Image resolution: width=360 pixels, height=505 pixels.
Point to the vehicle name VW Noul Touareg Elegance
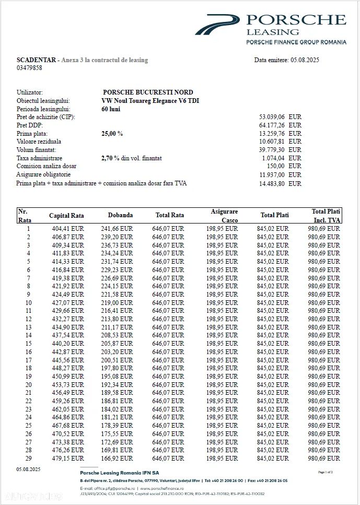click(x=150, y=101)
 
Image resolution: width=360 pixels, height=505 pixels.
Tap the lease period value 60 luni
click(x=111, y=109)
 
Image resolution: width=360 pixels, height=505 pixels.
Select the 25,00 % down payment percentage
click(x=112, y=134)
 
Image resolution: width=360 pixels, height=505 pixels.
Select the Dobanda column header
click(x=120, y=215)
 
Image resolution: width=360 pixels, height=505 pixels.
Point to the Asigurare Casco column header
click(x=225, y=216)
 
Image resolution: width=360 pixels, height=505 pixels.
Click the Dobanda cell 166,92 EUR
click(x=118, y=458)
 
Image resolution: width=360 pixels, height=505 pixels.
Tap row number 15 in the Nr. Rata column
click(x=28, y=343)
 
